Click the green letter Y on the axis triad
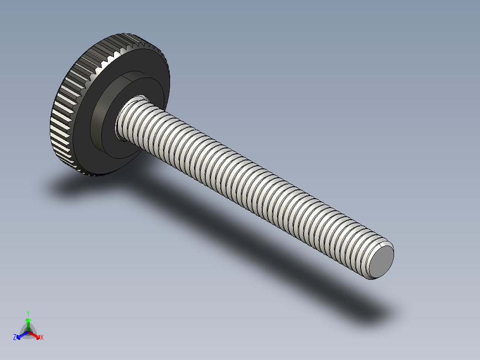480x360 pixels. click(28, 313)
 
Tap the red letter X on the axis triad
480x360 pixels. click(42, 338)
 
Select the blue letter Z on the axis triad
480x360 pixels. click(15, 338)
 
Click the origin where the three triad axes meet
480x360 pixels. click(28, 332)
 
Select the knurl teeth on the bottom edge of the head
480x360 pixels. click(89, 172)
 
